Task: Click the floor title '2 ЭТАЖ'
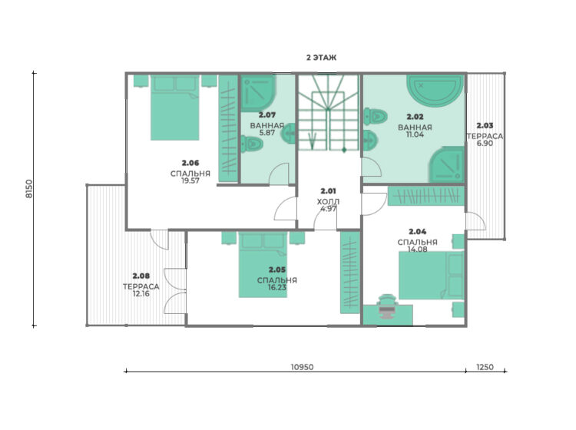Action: [321, 58]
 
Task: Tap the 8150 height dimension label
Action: [29, 189]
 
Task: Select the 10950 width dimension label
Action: [302, 367]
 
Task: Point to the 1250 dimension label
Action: [485, 367]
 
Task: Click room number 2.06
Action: [190, 163]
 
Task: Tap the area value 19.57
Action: [190, 180]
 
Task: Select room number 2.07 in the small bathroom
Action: [267, 115]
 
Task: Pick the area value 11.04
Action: [415, 134]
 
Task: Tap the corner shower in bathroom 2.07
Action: [258, 93]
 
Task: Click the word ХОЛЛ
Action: [328, 201]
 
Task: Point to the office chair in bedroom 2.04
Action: [387, 306]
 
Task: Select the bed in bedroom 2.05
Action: [263, 264]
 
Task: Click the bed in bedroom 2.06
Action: [175, 107]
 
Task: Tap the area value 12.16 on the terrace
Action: [141, 293]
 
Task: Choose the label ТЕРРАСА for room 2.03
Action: [485, 136]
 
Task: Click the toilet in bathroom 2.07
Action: [252, 144]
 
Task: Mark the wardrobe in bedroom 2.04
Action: [425, 196]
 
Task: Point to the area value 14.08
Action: [417, 249]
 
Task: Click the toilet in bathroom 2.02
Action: [375, 117]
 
